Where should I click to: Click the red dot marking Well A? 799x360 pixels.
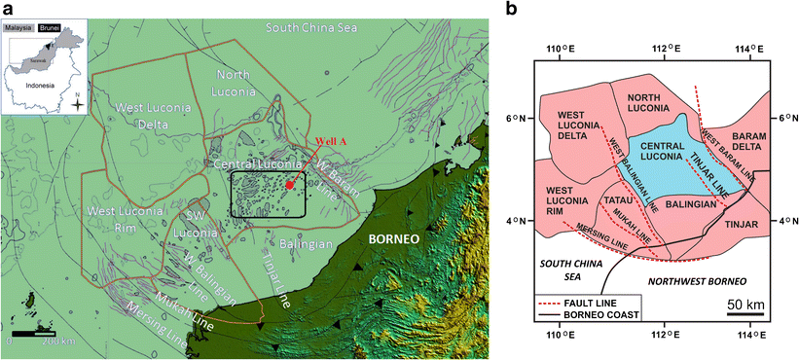click(x=290, y=184)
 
